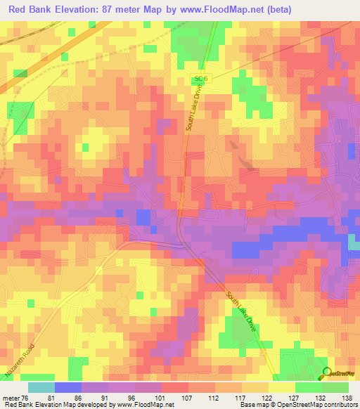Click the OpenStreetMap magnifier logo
pos(328,373)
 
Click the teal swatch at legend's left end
pos(41,387)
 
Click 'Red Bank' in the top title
pos(30,9)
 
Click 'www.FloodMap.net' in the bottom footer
pos(142,405)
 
